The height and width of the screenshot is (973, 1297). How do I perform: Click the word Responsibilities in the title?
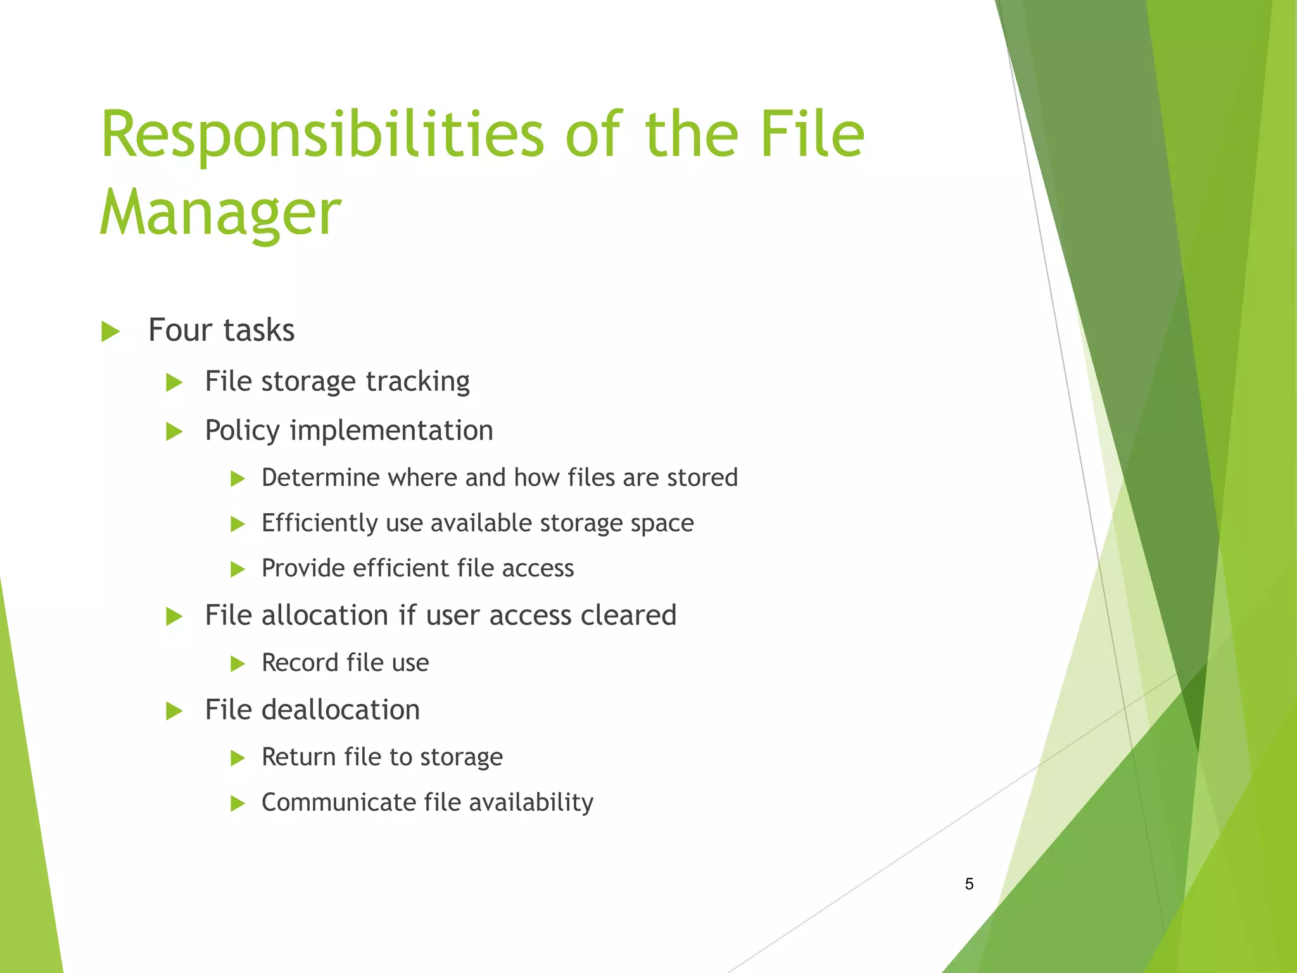click(x=322, y=136)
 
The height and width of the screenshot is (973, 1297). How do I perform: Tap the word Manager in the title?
click(x=220, y=213)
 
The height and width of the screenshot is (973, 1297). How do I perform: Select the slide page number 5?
click(x=969, y=884)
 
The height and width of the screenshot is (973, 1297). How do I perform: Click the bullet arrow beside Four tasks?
click(x=110, y=331)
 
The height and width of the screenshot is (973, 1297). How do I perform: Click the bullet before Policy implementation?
click(x=174, y=432)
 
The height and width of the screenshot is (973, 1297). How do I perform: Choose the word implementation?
click(x=391, y=431)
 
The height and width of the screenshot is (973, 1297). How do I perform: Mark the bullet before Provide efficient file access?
click(x=237, y=569)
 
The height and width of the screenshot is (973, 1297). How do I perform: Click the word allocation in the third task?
click(x=325, y=615)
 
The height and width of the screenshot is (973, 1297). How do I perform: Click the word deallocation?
click(x=341, y=709)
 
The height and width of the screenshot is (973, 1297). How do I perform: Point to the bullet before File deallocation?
click(x=174, y=711)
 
